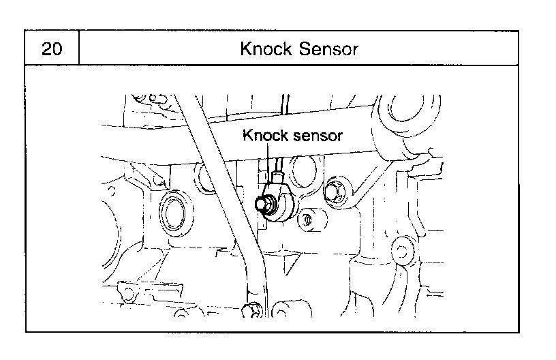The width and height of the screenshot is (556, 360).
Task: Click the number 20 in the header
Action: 52,48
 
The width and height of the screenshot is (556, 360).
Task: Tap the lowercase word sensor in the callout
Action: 318,136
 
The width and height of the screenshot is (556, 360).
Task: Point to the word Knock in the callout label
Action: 265,135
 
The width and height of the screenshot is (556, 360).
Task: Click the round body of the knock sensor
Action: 282,203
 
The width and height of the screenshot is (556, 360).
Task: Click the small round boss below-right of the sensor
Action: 308,220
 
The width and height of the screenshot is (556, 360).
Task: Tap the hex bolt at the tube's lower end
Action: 251,310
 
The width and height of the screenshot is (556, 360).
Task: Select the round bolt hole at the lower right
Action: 401,252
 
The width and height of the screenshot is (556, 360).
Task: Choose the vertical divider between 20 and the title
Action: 79,48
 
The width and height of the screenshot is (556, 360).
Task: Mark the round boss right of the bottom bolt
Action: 286,310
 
